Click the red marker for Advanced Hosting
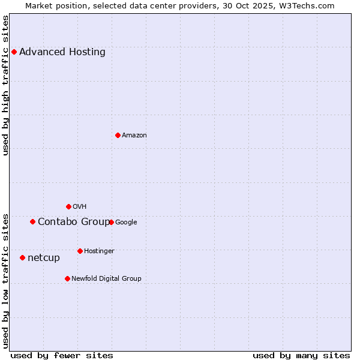point(14,52)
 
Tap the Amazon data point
point(118,135)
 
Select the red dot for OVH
point(68,206)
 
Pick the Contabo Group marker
point(32,221)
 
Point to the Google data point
point(111,222)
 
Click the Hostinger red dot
point(80,251)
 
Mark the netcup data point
point(22,257)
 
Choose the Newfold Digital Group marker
point(67,278)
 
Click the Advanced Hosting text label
point(62,52)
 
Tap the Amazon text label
point(134,135)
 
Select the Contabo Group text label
point(74,222)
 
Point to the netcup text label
point(44,258)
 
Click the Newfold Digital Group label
point(106,278)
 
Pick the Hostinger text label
point(99,251)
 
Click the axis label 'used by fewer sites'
point(62,355)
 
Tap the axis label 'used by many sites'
point(301,355)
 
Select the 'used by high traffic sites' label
point(6,85)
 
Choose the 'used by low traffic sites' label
point(6,281)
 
